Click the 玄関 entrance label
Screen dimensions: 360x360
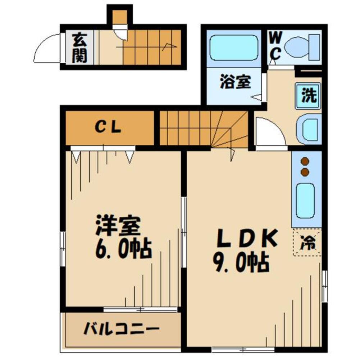[x=79, y=48]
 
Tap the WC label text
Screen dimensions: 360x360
[x=275, y=46]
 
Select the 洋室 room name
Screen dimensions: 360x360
[x=117, y=226]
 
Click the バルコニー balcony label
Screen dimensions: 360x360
[x=122, y=328]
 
